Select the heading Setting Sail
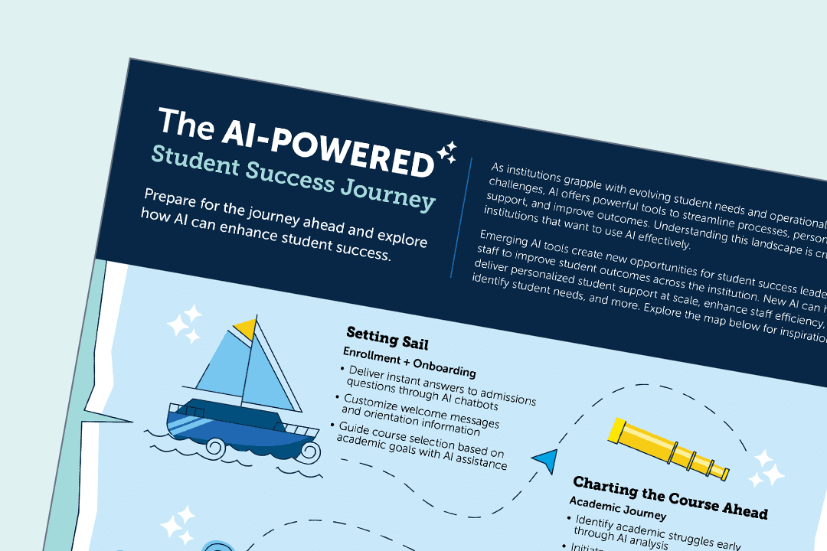coord(387,337)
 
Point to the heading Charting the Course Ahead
coord(670,495)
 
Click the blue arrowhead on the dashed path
coord(546,458)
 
